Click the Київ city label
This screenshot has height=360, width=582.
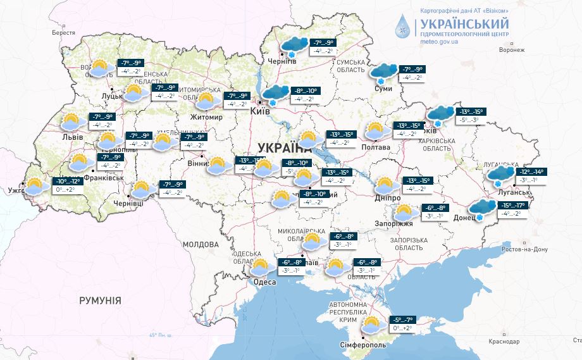[260, 111]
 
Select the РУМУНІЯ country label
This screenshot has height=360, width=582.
[100, 301]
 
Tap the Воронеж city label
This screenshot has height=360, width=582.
[512, 51]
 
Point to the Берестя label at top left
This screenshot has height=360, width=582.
[64, 32]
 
